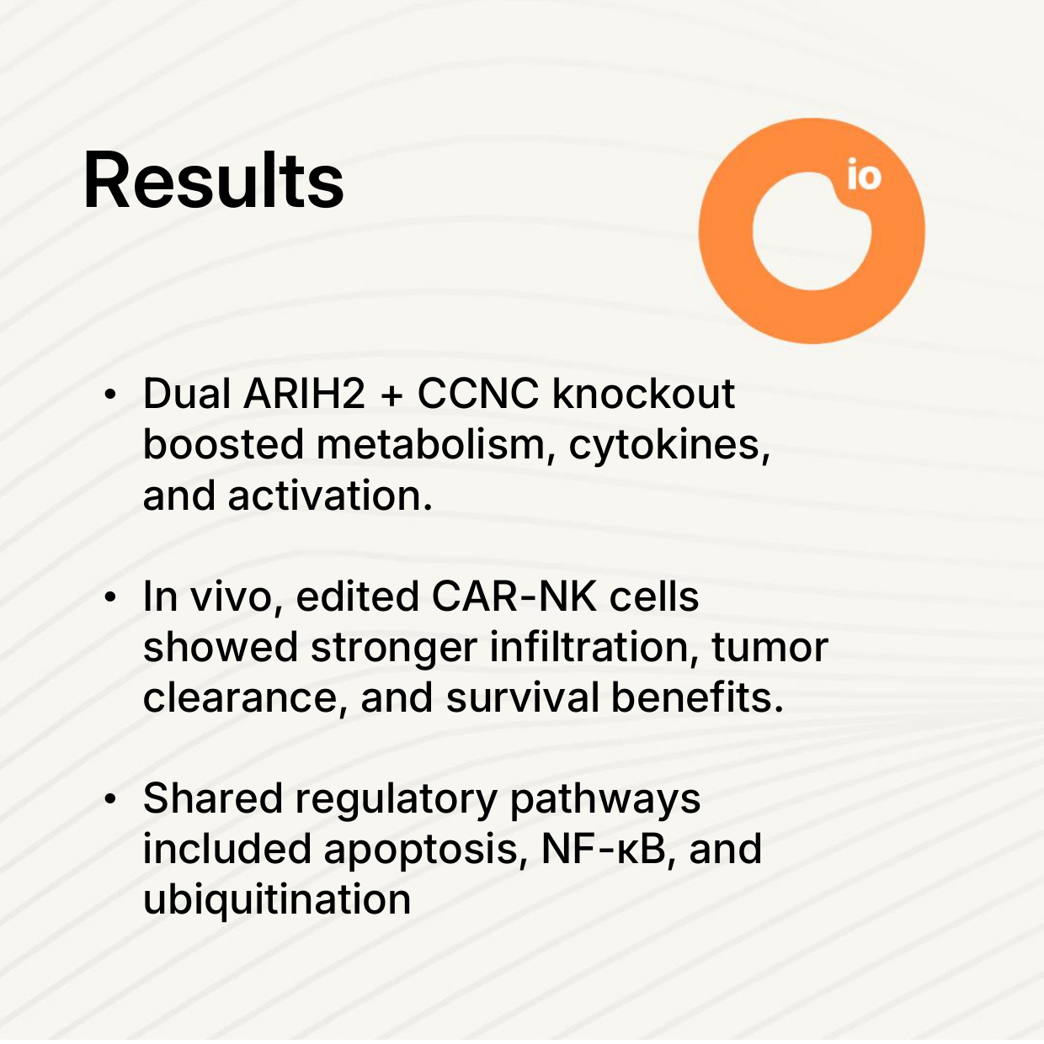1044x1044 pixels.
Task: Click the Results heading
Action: point(214,180)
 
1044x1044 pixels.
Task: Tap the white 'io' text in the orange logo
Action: point(864,174)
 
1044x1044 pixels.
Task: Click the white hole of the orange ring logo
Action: point(809,233)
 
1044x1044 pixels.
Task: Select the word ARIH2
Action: point(304,394)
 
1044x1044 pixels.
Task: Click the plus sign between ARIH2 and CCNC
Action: point(391,395)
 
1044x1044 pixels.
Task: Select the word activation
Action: point(330,496)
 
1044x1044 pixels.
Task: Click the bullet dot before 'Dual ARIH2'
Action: point(110,395)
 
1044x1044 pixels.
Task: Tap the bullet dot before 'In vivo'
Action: point(110,597)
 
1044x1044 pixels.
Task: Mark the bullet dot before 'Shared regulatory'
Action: point(110,799)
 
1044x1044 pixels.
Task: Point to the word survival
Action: point(522,697)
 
